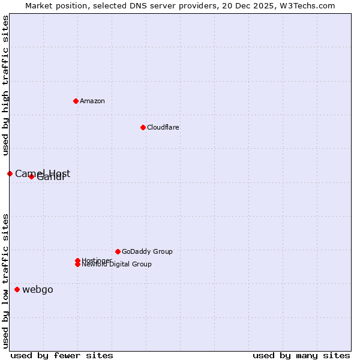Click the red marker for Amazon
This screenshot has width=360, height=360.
click(76, 101)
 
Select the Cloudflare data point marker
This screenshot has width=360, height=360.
click(143, 127)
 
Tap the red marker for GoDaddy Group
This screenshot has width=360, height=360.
click(118, 251)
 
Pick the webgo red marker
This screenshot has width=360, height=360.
click(17, 290)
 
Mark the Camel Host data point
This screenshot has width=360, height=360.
click(10, 173)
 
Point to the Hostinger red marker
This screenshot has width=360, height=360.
click(77, 260)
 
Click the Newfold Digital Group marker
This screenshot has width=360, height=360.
click(77, 265)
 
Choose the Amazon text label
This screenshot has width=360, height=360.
click(92, 101)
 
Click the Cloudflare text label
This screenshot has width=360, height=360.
click(163, 127)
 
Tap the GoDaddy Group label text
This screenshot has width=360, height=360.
click(147, 251)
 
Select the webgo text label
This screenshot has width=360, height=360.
click(38, 290)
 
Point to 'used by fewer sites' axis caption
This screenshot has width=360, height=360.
click(62, 355)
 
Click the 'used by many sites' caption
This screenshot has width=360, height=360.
click(301, 355)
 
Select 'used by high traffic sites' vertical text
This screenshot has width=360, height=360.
click(6, 86)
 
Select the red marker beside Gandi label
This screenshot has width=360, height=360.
click(31, 176)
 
